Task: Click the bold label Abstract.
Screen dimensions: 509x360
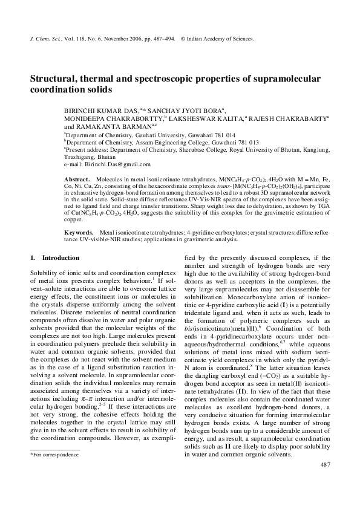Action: click(x=76, y=181)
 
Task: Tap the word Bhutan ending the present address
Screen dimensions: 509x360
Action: click(x=102, y=157)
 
